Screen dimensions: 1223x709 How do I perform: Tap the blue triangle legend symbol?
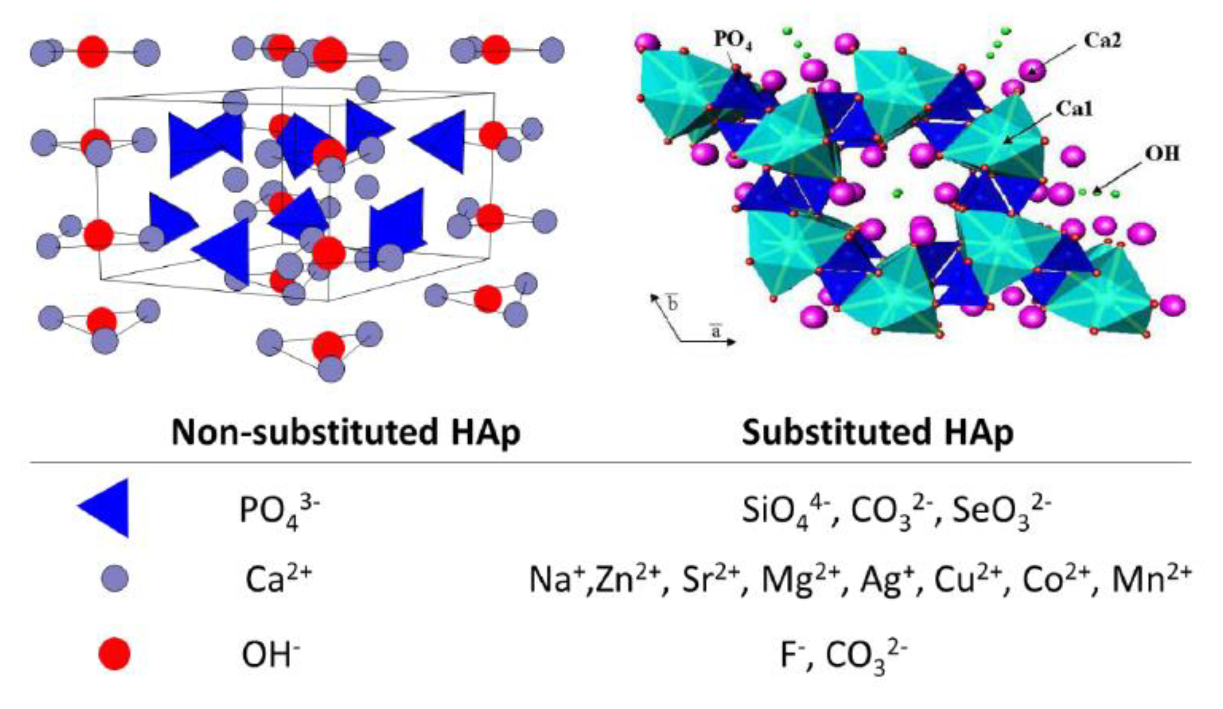tap(107, 507)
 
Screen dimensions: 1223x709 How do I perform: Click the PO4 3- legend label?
tap(279, 511)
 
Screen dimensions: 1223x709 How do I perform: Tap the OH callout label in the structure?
tap(1163, 154)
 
